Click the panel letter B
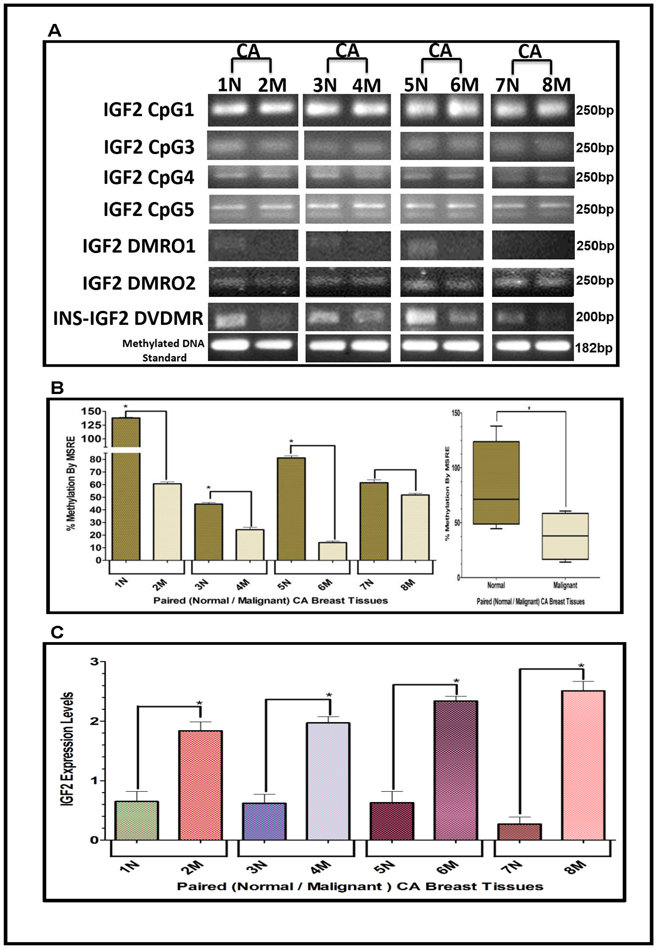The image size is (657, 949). [57, 388]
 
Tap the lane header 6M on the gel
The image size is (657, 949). [464, 85]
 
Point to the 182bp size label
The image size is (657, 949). [594, 348]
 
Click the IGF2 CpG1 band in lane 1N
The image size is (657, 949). [229, 109]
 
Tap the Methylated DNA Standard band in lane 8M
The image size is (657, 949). [553, 346]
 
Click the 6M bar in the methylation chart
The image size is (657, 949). [333, 551]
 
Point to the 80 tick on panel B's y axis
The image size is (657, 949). [96, 459]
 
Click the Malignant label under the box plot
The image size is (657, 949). [565, 585]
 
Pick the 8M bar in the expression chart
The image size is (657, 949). [583, 765]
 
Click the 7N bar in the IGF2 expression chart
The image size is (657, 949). [519, 832]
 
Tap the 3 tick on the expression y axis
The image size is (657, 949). [95, 661]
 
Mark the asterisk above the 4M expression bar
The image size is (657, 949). [329, 695]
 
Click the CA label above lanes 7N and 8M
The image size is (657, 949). [530, 52]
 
